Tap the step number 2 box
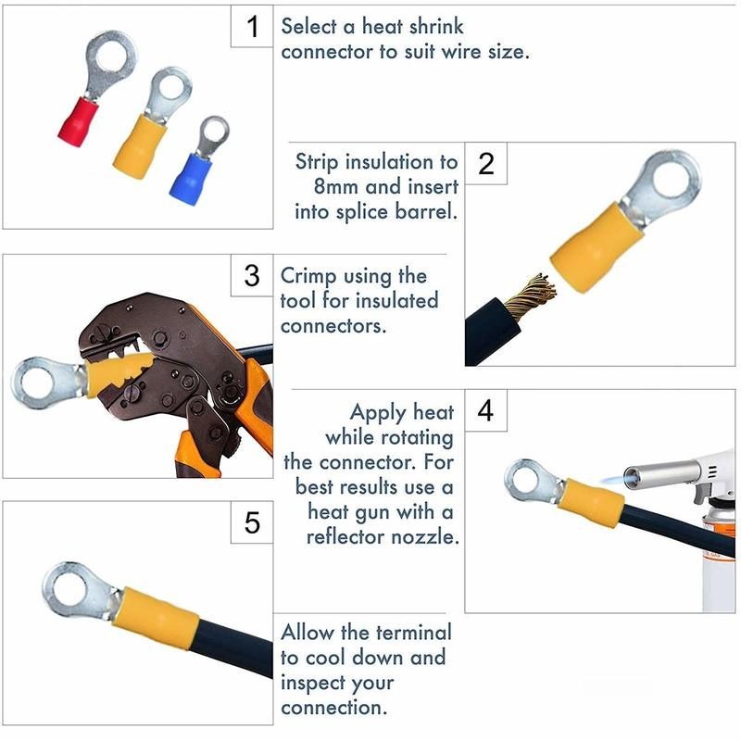point(486,164)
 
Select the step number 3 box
point(252,276)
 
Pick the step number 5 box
point(252,523)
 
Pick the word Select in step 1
point(308,27)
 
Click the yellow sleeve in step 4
point(591,503)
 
